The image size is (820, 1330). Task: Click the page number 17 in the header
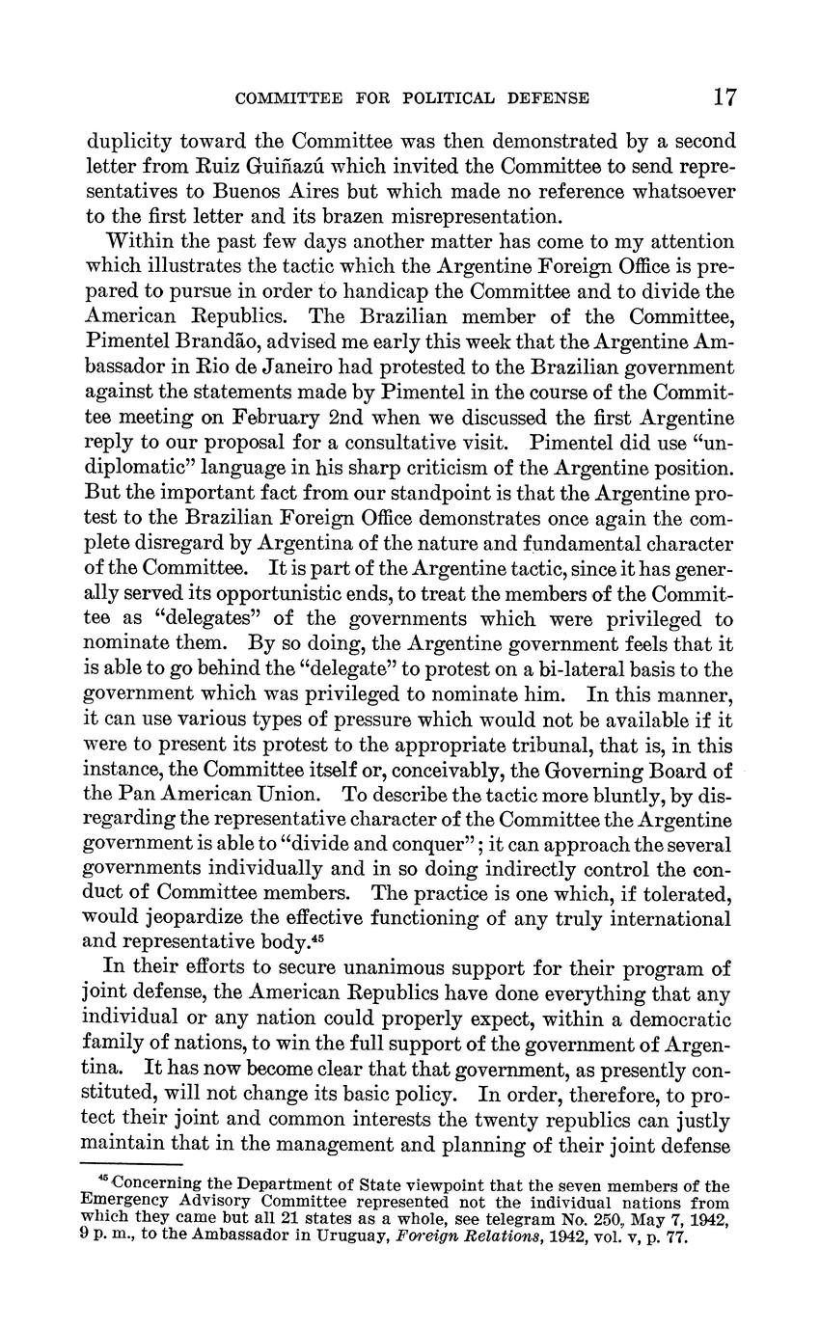(x=725, y=96)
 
